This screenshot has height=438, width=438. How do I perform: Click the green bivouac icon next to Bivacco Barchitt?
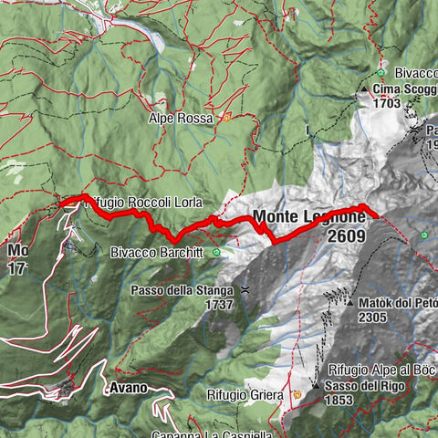216,252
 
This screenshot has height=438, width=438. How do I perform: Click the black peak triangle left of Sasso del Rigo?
316,386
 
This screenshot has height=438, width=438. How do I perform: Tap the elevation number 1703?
390,104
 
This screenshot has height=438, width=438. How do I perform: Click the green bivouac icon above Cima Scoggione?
380,73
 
